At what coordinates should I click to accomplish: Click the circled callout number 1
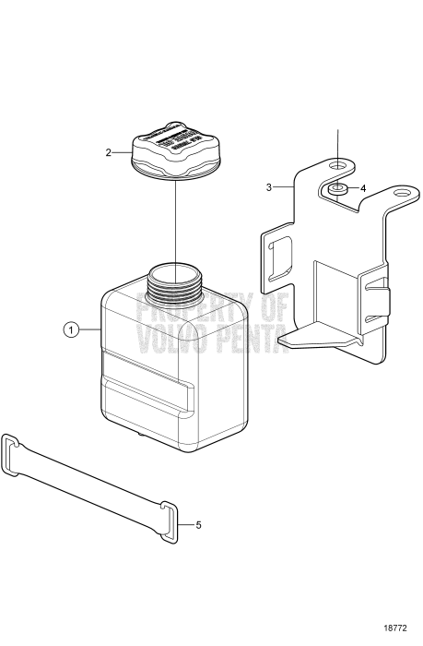[x=70, y=329]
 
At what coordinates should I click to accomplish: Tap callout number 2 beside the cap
[x=110, y=151]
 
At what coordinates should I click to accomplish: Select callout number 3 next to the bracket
[x=269, y=186]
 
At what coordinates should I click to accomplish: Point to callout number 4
[x=363, y=187]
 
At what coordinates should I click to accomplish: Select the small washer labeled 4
[x=338, y=190]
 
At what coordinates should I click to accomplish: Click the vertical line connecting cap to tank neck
[x=174, y=221]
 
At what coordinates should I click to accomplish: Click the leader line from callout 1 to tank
[x=87, y=329]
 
